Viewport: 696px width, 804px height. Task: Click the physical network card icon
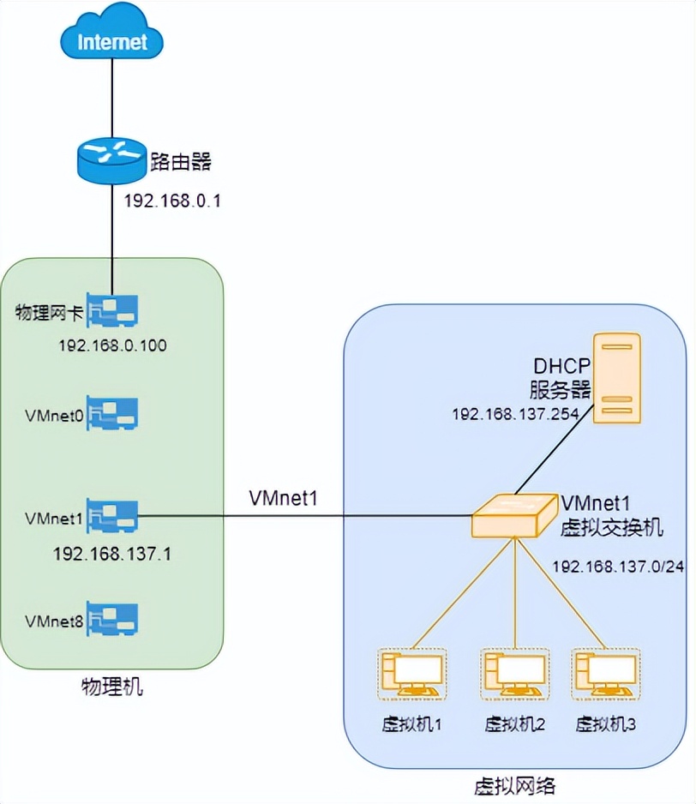tap(112, 313)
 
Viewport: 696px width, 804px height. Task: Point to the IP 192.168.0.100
tap(112, 346)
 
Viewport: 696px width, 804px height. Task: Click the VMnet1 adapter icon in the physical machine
tap(112, 517)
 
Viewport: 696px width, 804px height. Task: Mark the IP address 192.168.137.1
tap(112, 553)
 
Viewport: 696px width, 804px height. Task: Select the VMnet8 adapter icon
tap(112, 620)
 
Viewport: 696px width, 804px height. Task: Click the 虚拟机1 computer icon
tap(411, 674)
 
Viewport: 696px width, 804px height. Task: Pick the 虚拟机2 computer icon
tap(514, 674)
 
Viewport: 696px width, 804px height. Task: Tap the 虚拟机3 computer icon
tap(606, 674)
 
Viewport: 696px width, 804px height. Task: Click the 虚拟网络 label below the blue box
tap(514, 785)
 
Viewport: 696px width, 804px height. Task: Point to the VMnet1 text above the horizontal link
tap(283, 497)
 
